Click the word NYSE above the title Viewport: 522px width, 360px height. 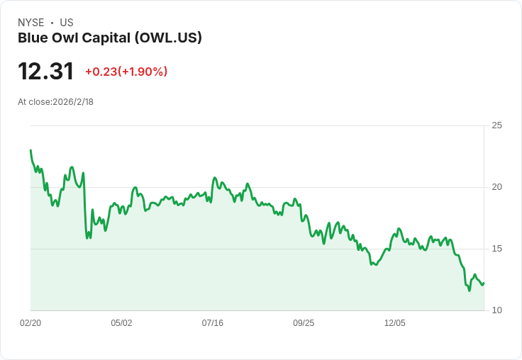click(x=31, y=23)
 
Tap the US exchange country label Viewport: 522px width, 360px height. click(x=67, y=23)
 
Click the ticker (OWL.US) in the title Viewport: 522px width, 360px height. click(x=168, y=38)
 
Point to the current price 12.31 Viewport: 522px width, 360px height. click(x=45, y=71)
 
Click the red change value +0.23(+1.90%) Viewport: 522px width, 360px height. click(x=126, y=72)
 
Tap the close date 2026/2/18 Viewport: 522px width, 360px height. click(x=73, y=102)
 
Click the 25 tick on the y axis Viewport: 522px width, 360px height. click(x=496, y=125)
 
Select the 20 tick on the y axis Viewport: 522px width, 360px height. click(x=496, y=187)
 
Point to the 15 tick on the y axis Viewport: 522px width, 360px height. click(x=496, y=249)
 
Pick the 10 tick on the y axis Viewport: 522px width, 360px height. click(x=496, y=310)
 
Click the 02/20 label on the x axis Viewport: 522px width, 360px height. click(x=30, y=322)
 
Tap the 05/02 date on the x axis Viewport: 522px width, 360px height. click(x=121, y=322)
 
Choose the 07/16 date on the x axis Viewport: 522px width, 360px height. click(x=212, y=322)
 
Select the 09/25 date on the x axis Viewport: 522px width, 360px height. click(x=304, y=322)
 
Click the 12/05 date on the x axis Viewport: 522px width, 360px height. click(x=395, y=322)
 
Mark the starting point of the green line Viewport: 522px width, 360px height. click(x=30, y=150)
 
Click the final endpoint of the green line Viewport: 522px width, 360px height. click(x=484, y=283)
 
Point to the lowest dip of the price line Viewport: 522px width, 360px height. click(x=470, y=291)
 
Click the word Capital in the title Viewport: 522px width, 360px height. click(x=106, y=38)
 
